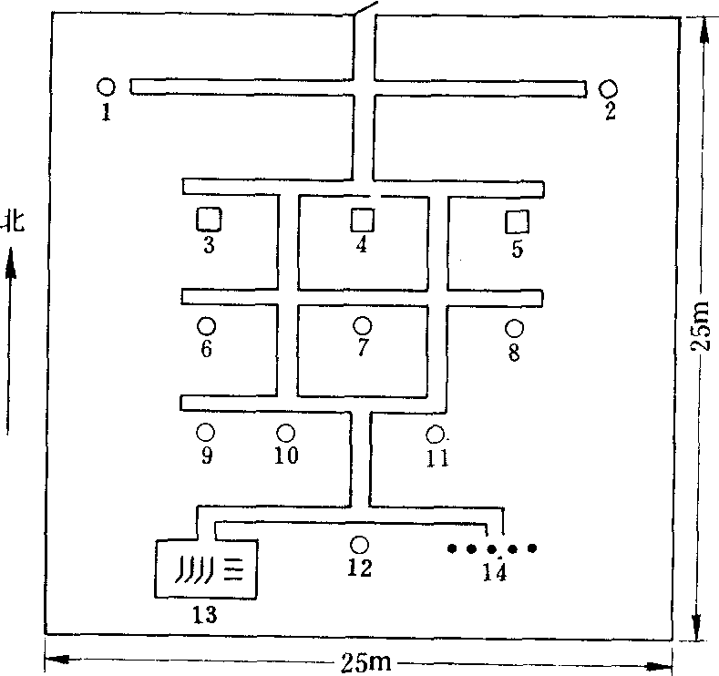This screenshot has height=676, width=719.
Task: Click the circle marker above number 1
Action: (106, 87)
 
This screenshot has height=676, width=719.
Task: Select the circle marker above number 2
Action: (608, 89)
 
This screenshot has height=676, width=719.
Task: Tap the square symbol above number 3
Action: (209, 219)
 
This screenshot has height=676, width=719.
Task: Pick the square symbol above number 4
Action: (363, 220)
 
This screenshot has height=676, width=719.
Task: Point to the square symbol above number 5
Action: (517, 222)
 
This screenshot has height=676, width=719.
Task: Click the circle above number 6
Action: (206, 326)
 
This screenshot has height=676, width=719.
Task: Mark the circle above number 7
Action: (363, 325)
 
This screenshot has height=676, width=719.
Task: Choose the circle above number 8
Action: (514, 328)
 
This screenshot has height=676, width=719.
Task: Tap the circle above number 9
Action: (205, 432)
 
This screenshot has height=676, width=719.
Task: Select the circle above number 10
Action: (285, 433)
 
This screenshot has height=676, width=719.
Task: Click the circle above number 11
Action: (435, 435)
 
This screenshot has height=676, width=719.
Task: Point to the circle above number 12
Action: (359, 545)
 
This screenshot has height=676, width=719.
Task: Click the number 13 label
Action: (204, 615)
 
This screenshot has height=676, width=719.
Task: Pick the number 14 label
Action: (495, 572)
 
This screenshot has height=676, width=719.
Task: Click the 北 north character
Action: (14, 221)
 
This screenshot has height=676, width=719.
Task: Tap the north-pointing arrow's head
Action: (11, 262)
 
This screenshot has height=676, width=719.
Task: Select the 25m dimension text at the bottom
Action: (366, 662)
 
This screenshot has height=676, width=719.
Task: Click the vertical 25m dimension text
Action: (700, 325)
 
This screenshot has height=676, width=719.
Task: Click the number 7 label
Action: (363, 347)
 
